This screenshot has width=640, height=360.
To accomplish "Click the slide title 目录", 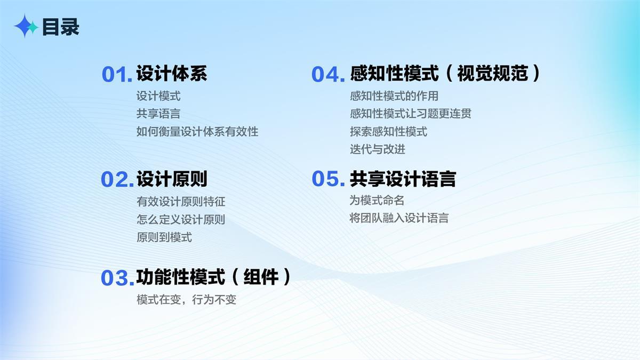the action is click(61, 27).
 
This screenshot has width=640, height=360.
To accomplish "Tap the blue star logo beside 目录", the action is click(25, 26).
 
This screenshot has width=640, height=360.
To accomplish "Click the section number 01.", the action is click(117, 75).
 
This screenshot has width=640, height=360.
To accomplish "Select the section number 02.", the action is click(117, 179).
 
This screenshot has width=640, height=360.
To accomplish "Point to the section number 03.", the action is click(117, 278).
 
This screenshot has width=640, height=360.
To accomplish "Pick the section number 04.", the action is click(329, 75).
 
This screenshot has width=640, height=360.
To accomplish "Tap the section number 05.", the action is click(329, 179).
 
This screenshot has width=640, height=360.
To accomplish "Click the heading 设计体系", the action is click(172, 74).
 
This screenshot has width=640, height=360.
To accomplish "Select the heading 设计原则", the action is click(172, 179).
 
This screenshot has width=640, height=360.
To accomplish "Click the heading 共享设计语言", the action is click(403, 179).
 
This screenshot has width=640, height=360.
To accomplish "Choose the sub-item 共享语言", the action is click(158, 114).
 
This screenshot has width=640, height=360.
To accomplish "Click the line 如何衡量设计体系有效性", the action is click(197, 132).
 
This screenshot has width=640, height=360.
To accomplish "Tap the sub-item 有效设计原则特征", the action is click(181, 202).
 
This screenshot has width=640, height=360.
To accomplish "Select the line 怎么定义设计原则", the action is click(181, 219).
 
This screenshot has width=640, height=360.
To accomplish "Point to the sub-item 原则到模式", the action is click(164, 237).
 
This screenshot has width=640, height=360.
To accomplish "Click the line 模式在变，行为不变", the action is click(186, 300).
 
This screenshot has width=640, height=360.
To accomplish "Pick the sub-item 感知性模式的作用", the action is click(394, 96).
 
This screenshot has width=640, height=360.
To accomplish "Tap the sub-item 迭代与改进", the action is click(378, 149).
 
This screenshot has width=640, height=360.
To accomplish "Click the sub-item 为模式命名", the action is click(377, 201).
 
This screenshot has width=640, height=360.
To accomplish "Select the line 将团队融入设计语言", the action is click(399, 218).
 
